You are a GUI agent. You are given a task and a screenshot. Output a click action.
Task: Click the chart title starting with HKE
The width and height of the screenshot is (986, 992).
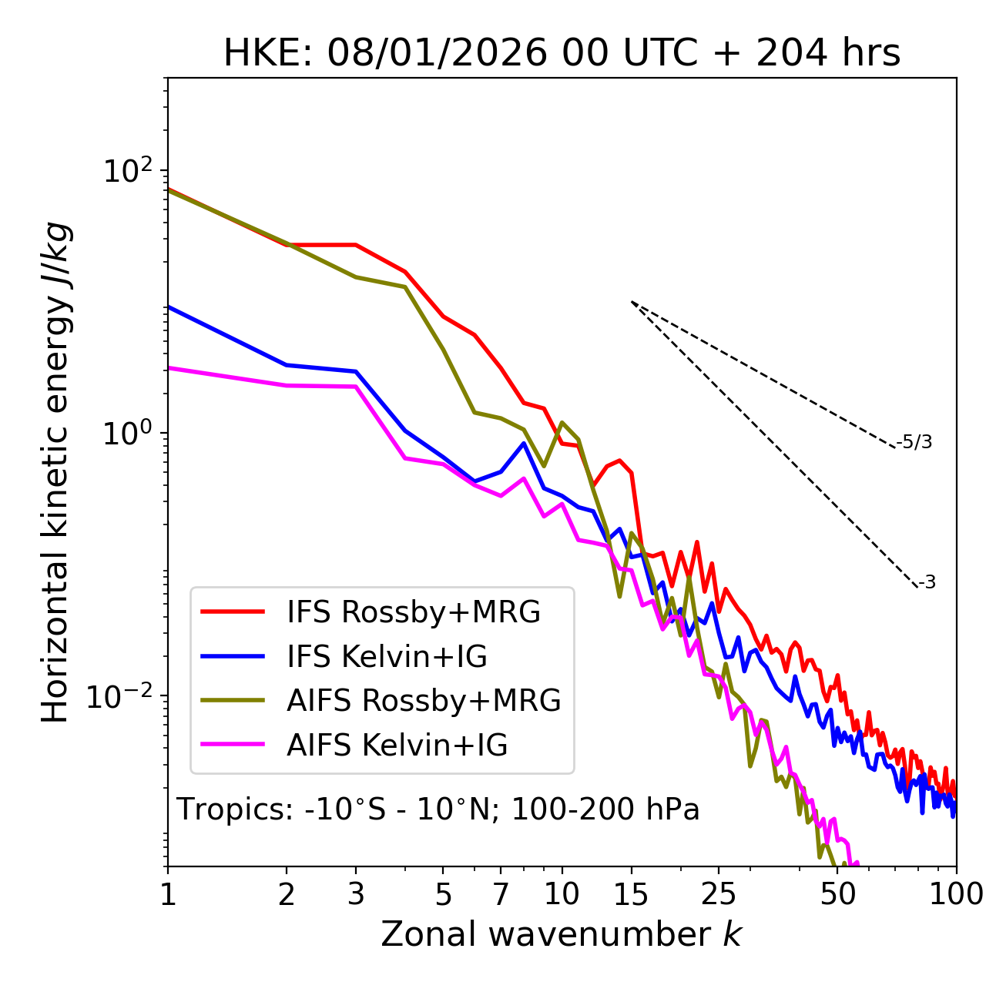click(562, 54)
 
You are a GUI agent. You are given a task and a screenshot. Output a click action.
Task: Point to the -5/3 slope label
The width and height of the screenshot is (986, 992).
click(914, 442)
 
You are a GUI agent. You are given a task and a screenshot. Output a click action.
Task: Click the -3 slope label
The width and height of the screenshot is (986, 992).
click(927, 583)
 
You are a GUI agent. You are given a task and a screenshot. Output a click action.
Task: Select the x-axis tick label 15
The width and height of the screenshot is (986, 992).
click(631, 894)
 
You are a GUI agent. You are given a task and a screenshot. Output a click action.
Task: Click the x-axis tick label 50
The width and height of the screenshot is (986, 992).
click(837, 894)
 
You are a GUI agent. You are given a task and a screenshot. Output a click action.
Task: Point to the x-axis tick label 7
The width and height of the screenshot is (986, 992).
click(501, 894)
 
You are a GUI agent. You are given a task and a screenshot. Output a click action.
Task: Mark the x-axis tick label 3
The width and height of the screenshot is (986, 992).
click(355, 894)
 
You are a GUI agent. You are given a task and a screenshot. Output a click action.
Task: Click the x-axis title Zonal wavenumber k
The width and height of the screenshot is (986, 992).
click(561, 934)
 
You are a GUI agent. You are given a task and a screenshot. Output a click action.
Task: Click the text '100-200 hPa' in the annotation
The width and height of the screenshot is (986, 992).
click(605, 809)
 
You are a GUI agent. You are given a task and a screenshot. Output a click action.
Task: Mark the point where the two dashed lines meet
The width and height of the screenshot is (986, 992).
click(632, 302)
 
